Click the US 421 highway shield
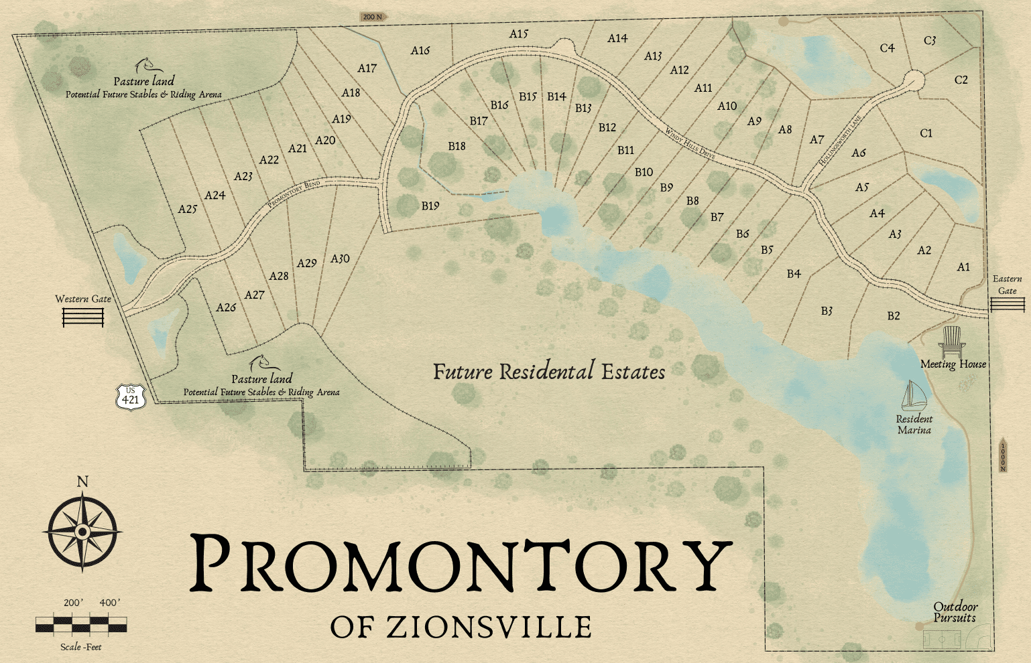[x=130, y=396]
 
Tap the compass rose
[x=82, y=532]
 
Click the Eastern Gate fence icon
[x=1008, y=305]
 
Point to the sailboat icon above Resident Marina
[x=913, y=396]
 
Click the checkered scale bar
[x=81, y=624]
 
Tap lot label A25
[x=187, y=209]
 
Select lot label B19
[x=430, y=206]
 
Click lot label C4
[x=887, y=48]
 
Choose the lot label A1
[x=963, y=267]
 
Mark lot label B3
[x=827, y=311]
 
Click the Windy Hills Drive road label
[x=690, y=142]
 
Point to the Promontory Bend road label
[x=294, y=194]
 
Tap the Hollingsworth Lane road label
[x=840, y=141]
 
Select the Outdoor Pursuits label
[x=955, y=612]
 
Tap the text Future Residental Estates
[x=549, y=372]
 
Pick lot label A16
[x=420, y=51]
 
